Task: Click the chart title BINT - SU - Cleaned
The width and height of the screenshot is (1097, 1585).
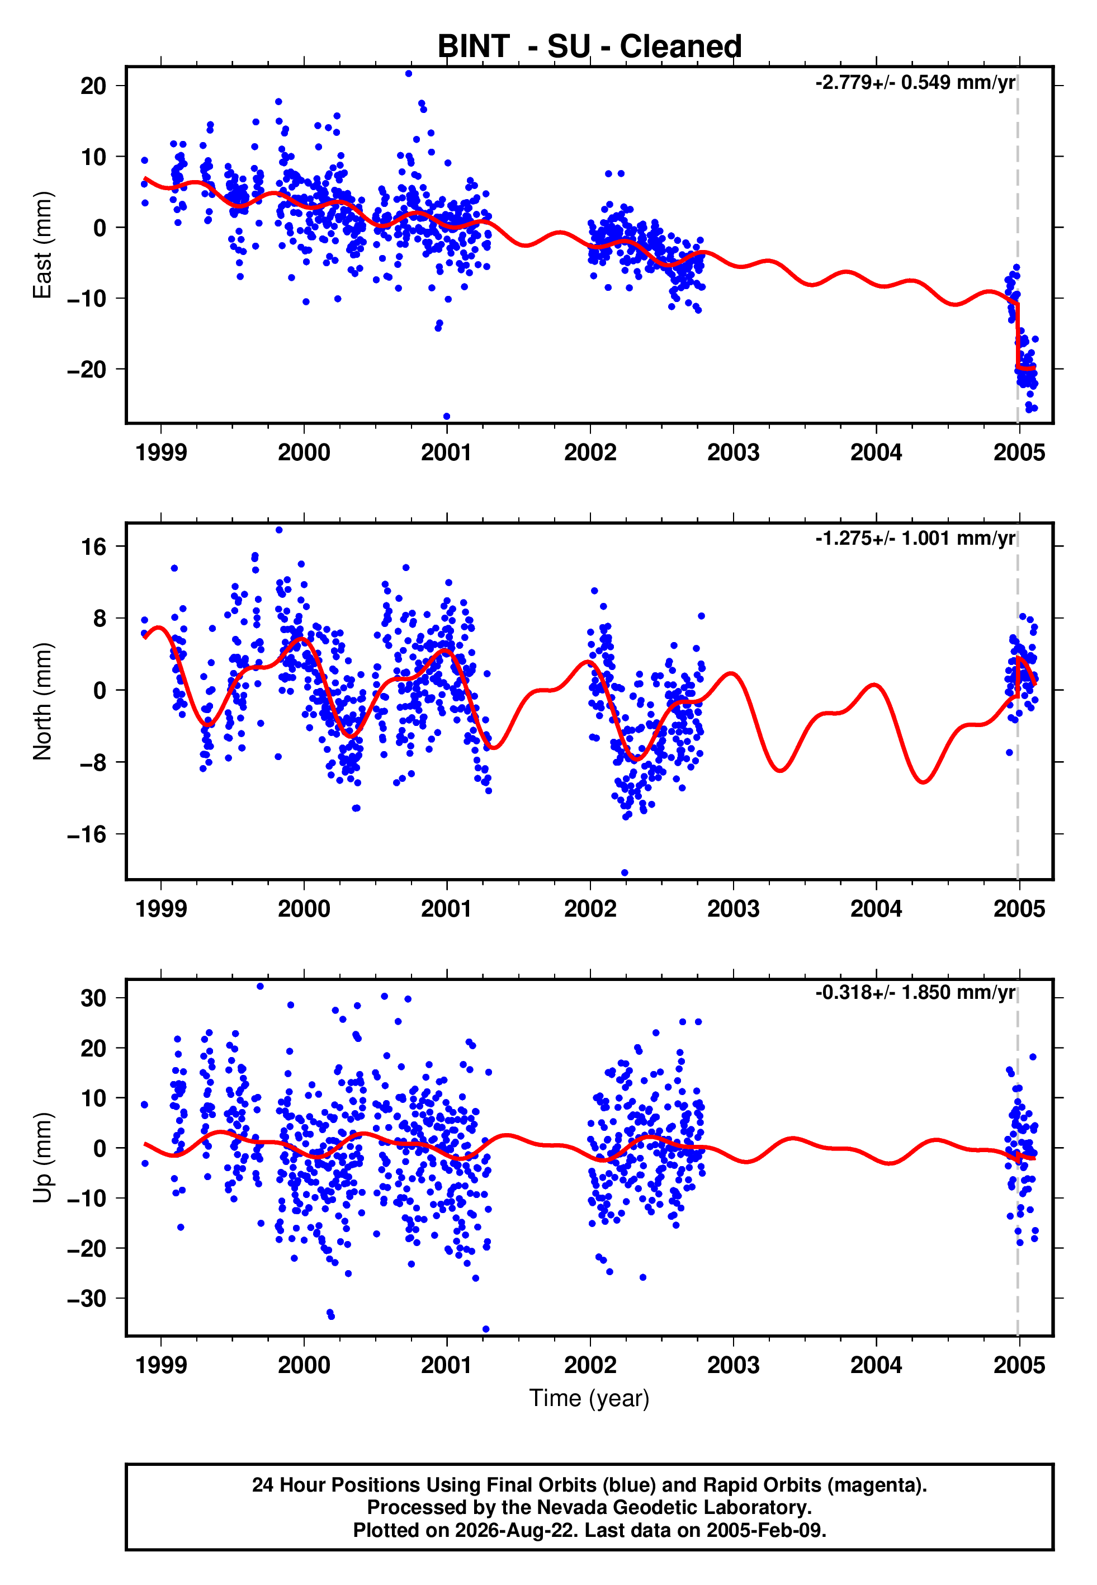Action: click(589, 47)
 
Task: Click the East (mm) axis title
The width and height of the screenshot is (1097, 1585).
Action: click(42, 245)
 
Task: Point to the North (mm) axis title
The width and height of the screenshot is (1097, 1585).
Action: click(42, 701)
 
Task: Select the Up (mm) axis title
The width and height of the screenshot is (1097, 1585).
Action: click(42, 1158)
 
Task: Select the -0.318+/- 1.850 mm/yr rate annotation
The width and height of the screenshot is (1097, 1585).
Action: click(915, 993)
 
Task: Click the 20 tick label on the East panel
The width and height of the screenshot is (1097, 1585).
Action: click(93, 86)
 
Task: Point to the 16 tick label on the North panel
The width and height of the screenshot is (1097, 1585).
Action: click(93, 546)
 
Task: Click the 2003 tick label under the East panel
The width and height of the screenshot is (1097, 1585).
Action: click(734, 452)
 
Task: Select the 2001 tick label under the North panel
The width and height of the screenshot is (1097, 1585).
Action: click(447, 909)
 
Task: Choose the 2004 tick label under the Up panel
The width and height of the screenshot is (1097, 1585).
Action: click(876, 1365)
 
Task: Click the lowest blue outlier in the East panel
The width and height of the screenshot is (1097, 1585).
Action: click(447, 417)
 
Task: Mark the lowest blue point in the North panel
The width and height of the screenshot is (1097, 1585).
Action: click(625, 873)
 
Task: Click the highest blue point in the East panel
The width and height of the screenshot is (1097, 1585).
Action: click(409, 73)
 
